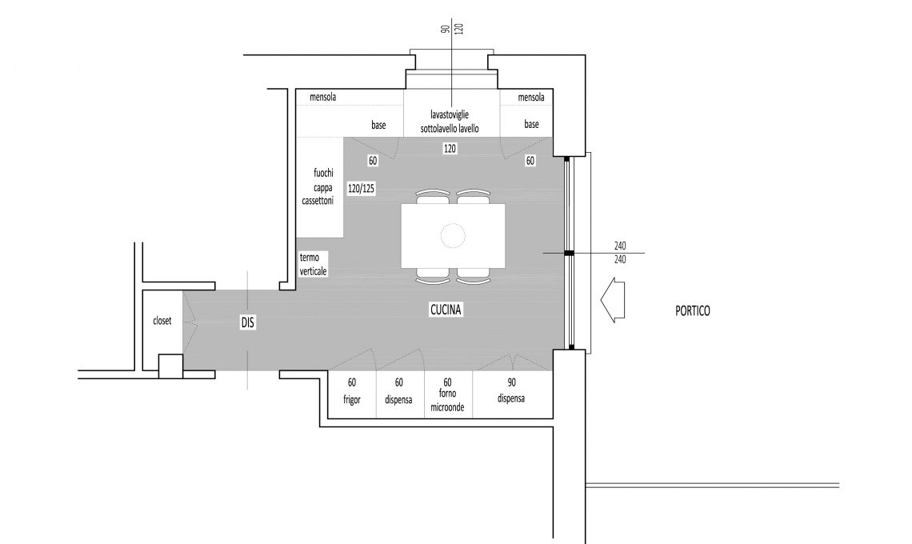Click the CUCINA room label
tap(446, 310)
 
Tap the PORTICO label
tap(692, 311)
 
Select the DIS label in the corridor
tap(248, 322)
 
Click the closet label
tap(162, 321)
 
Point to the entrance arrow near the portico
tap(613, 300)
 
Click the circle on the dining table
tap(453, 236)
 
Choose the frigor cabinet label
tap(352, 400)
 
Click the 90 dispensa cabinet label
tap(511, 391)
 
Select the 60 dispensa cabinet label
tap(398, 391)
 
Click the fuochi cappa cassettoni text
tap(318, 186)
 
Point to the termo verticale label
tap(313, 264)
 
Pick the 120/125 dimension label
tap(361, 189)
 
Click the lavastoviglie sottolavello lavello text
tap(450, 122)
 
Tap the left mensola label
tap(323, 97)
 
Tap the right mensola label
tap(531, 97)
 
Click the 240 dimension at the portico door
tap(620, 253)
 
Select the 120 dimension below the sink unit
tap(450, 149)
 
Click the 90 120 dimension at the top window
tap(453, 29)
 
